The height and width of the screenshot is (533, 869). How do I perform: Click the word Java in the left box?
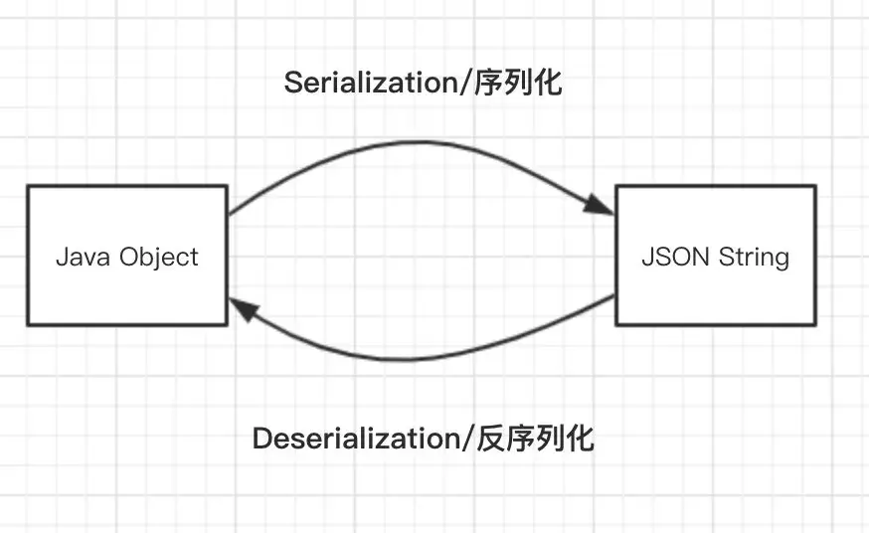(x=83, y=257)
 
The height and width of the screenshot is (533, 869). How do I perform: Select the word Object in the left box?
(x=159, y=258)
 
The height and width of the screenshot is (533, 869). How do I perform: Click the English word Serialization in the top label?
(x=369, y=83)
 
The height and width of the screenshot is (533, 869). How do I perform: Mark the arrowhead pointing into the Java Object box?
(x=244, y=312)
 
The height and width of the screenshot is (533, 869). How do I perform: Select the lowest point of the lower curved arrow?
(x=408, y=360)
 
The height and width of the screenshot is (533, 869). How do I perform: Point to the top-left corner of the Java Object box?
(x=28, y=186)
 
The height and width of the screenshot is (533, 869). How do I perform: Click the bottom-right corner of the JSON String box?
(x=816, y=324)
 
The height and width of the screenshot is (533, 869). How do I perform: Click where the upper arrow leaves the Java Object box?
(x=229, y=214)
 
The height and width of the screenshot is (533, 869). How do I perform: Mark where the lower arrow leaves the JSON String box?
(x=615, y=296)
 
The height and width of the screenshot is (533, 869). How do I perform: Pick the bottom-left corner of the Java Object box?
(x=28, y=324)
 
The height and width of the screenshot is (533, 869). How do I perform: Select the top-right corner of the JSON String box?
(x=816, y=186)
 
